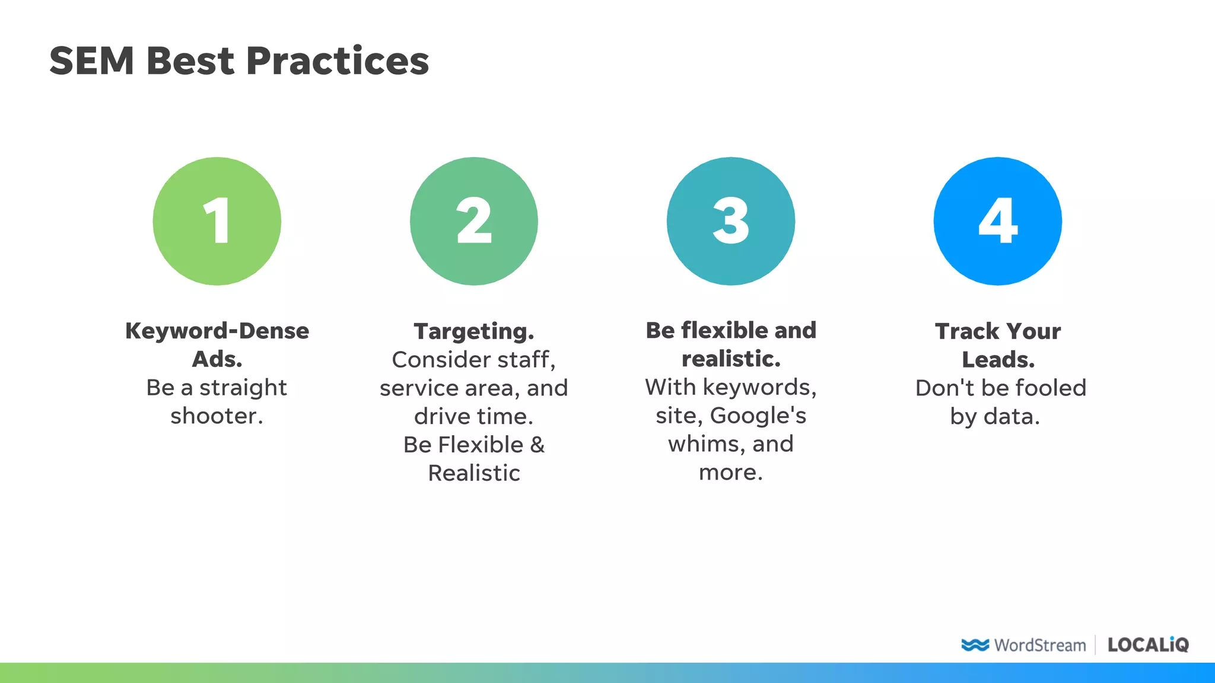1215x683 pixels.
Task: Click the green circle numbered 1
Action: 217,221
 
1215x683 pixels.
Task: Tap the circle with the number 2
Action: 473,221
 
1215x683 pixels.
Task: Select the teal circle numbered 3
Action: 730,221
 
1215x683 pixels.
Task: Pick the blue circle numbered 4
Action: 997,221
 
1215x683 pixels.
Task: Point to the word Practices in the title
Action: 337,61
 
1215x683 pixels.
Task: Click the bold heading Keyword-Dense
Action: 217,331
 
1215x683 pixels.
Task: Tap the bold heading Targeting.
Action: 473,331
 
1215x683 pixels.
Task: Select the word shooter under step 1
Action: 216,416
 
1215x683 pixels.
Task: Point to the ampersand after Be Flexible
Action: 537,445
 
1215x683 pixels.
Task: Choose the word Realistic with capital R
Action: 473,474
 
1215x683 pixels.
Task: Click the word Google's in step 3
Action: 758,416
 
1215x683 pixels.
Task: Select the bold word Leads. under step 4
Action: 998,360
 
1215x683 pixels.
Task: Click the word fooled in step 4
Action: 1051,388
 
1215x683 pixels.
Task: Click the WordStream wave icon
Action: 975,645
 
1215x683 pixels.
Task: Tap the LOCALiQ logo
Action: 1148,645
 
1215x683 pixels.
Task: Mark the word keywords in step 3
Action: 759,388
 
